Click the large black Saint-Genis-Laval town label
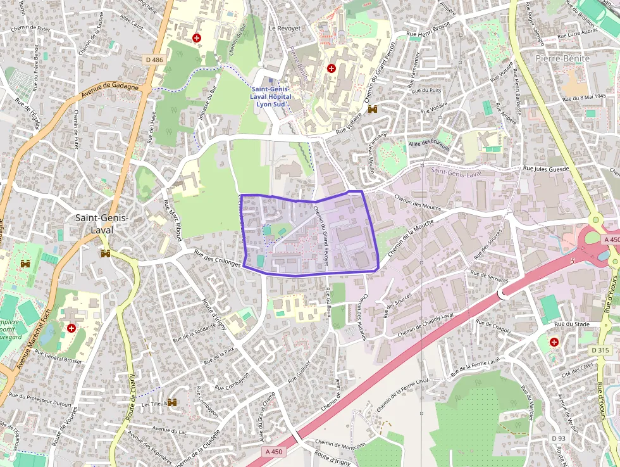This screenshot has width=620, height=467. pos(101,224)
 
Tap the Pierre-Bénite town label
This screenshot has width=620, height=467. pos(562,58)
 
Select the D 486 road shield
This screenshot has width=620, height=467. pos(154,60)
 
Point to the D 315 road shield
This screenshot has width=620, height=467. pos(600,350)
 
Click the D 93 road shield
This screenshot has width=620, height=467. pos(557,438)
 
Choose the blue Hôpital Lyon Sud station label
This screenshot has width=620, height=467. pos(270,97)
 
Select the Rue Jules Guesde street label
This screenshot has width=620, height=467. pos(547,169)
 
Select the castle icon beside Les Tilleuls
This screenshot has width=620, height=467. pos(171,402)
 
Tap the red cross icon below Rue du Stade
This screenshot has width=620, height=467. pos(555,342)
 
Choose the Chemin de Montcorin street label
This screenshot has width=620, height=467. pos(340,445)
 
